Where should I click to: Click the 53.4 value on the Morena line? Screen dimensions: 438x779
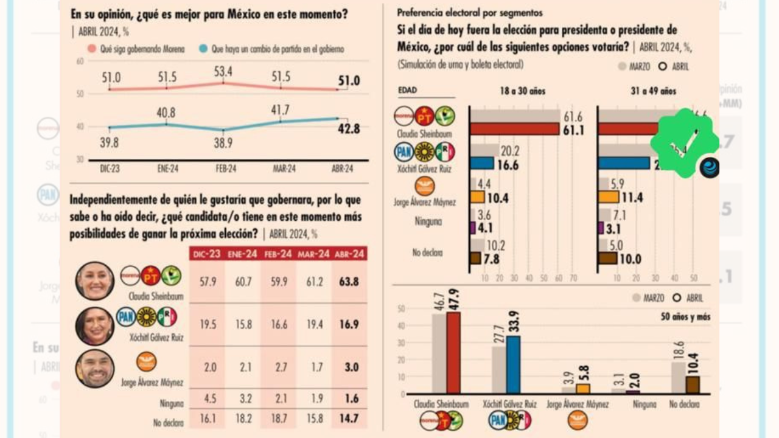223,72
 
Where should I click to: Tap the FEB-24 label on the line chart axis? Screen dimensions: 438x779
225,169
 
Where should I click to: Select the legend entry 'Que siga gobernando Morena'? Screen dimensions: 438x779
142,49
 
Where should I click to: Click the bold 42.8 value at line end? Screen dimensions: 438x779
350,129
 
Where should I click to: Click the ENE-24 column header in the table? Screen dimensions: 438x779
242,254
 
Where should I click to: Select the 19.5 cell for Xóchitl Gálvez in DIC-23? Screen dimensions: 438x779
208,325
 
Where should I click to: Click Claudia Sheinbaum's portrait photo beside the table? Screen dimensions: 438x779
95,280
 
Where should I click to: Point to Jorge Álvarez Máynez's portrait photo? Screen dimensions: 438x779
95,369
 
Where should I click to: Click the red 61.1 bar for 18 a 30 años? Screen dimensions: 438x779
515,129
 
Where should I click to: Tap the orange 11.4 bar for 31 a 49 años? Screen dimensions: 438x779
608,197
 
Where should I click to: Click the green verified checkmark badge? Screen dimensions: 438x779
685,142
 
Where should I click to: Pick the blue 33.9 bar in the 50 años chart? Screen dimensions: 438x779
513,364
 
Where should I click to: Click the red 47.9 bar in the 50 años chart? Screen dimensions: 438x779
453,353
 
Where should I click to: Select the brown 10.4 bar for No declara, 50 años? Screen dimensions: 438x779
693,384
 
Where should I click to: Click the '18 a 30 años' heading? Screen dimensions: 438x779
522,91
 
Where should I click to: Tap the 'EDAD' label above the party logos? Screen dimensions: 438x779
407,91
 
